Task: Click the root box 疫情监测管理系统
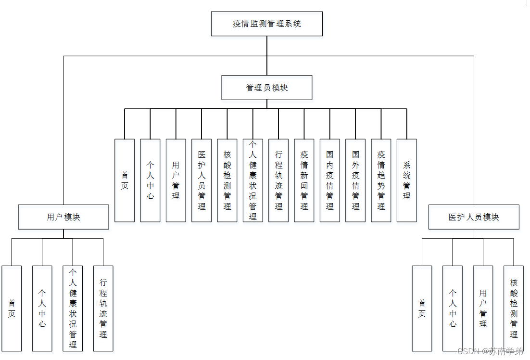point(266,24)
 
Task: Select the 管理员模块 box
point(266,88)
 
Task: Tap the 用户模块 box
point(63,217)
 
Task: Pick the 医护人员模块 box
point(474,217)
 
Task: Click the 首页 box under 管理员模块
point(125,180)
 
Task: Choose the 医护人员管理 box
point(202,180)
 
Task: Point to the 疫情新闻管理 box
point(304,180)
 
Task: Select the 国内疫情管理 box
point(329,180)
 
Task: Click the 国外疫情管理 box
point(355,180)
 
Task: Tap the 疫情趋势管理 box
point(381,180)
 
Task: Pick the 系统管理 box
point(406,180)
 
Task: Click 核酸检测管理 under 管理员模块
point(227,180)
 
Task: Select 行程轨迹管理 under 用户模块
point(103,309)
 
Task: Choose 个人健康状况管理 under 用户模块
point(73,309)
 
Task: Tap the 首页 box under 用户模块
point(12,309)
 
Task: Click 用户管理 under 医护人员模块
point(483,309)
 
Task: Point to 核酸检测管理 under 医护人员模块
point(514,309)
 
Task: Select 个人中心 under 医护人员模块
point(453,309)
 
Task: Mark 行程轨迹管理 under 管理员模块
point(278,180)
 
